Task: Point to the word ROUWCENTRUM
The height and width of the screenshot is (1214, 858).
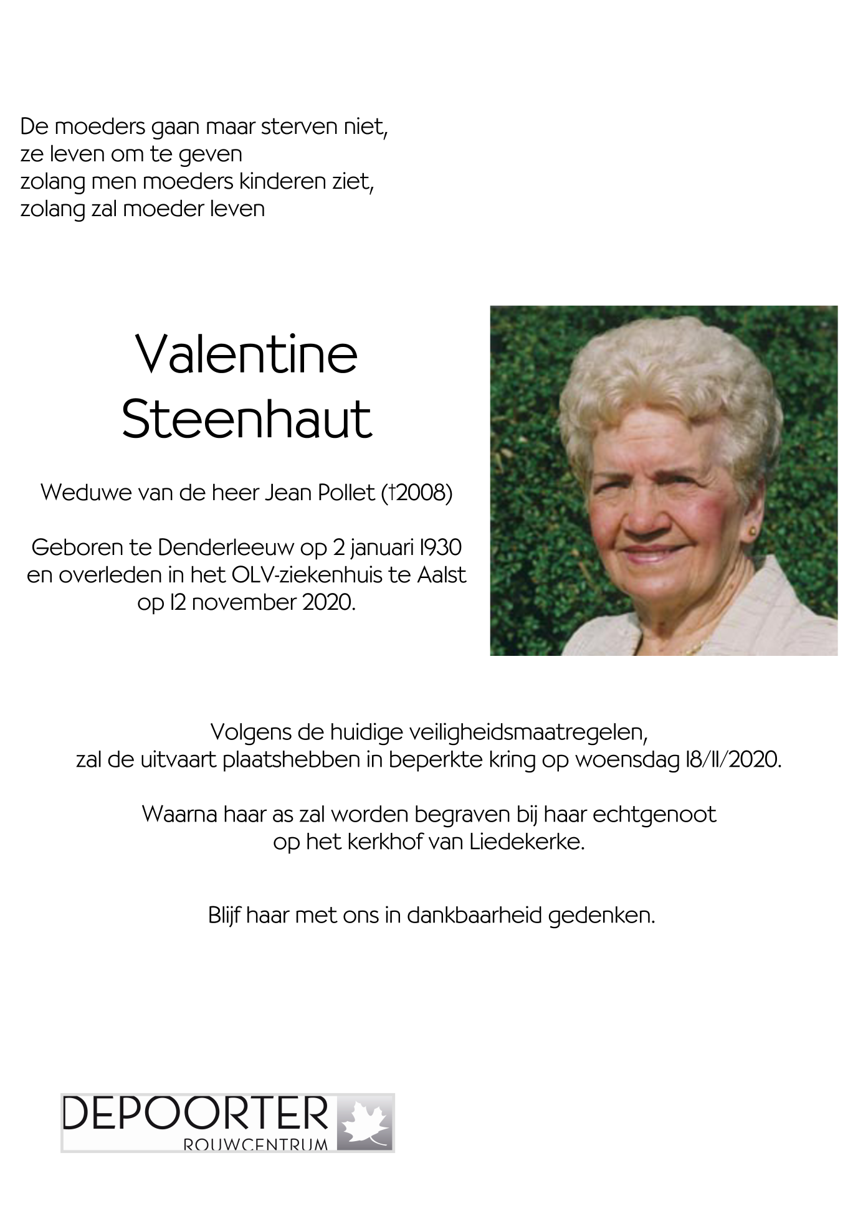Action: point(255,1145)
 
